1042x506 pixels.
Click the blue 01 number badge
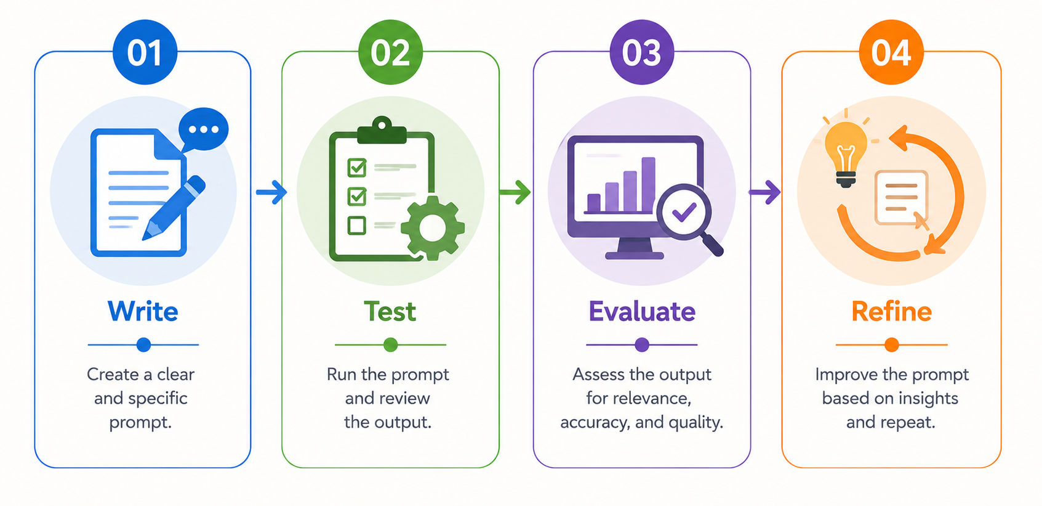pos(145,52)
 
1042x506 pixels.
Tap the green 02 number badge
pos(390,52)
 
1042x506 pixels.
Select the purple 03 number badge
pos(641,52)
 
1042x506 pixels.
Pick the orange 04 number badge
pos(891,52)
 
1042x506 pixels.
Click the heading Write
pos(143,311)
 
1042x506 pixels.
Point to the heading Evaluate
pos(642,311)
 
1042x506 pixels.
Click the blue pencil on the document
pos(174,208)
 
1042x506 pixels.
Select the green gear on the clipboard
pos(433,228)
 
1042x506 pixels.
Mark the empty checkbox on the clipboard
pos(357,226)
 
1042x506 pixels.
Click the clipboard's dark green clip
pos(382,130)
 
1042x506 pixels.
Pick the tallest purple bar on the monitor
pos(649,184)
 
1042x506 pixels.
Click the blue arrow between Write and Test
pos(271,192)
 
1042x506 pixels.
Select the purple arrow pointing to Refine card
pos(764,192)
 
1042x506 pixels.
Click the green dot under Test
pos(391,345)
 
